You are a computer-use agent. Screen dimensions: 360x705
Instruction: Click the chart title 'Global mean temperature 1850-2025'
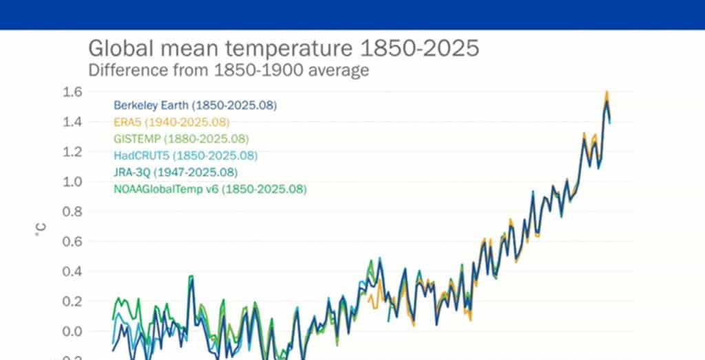[283, 50]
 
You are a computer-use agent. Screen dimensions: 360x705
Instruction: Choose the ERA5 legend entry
[171, 122]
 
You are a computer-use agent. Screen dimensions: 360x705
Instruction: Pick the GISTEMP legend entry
[181, 138]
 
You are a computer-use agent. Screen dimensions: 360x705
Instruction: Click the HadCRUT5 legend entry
[185, 155]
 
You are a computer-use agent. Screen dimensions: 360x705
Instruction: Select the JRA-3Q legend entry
[176, 171]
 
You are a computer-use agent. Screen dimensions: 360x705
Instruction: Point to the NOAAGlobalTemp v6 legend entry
[210, 188]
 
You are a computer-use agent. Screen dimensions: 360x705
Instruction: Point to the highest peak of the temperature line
[607, 92]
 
